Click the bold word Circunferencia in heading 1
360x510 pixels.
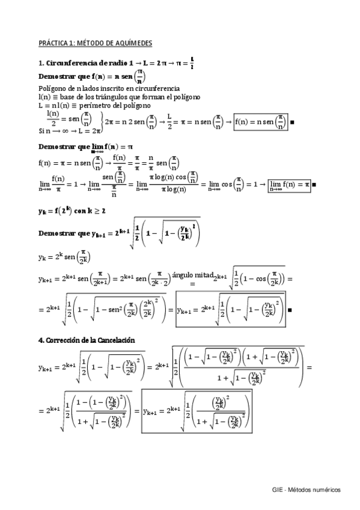68,62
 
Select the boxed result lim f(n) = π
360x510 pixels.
290,183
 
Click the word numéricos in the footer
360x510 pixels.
328,490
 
